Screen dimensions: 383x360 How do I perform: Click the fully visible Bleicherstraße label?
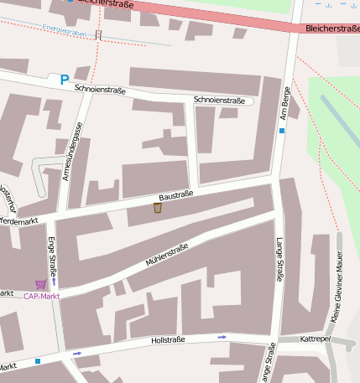pos(333,28)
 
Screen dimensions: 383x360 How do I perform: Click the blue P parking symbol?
pos(64,80)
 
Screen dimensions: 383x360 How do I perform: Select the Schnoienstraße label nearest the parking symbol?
pos(99,88)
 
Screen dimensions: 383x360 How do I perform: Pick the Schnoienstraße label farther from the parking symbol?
pos(219,100)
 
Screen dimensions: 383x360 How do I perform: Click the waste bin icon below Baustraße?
pos(157,207)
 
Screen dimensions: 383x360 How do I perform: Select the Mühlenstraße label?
pos(167,255)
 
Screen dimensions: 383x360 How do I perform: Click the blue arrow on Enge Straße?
pos(54,281)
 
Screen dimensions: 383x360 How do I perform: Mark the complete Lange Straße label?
pos(279,259)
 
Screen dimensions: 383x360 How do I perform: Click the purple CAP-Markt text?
pos(41,296)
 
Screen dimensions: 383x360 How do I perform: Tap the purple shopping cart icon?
pos(40,285)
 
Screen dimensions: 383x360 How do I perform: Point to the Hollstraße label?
pos(167,341)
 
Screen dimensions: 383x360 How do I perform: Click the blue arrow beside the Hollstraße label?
pos(222,337)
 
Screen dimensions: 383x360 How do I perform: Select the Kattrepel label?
pos(316,340)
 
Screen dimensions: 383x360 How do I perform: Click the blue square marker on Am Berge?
pos(282,131)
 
